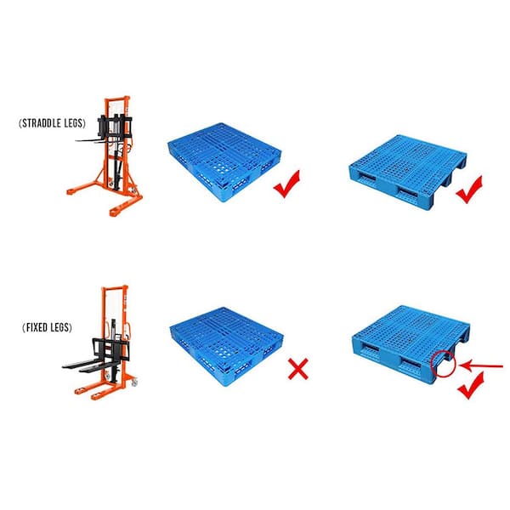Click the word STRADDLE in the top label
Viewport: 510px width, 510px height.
[42, 123]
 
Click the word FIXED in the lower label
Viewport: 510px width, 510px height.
[37, 327]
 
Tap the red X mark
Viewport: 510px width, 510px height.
[298, 369]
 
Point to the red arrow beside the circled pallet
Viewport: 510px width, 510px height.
[481, 366]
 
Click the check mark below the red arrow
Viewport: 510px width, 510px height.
[471, 386]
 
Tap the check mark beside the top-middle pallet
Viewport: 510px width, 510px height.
[286, 184]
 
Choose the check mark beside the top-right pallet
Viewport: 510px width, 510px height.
[469, 190]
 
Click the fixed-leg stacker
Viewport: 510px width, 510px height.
[101, 343]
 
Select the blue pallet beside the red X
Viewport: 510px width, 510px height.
[226, 347]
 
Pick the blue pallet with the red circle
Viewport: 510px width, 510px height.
[411, 345]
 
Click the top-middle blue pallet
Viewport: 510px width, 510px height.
[224, 162]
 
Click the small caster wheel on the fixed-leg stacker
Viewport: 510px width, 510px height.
[134, 383]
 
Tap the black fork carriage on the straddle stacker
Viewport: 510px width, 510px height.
[115, 125]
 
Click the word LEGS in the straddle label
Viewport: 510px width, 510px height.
[74, 123]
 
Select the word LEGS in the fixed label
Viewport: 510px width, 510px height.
[60, 327]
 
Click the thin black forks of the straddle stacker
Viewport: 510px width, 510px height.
[94, 140]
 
